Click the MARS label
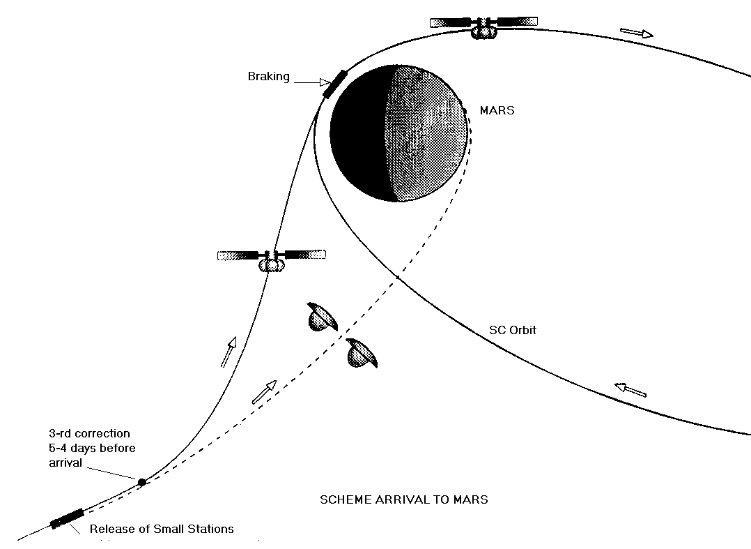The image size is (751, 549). click(497, 110)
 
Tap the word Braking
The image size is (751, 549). click(268, 77)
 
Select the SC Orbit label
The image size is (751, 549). click(513, 330)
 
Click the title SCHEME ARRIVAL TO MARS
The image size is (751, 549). click(403, 499)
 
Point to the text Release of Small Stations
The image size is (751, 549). click(162, 529)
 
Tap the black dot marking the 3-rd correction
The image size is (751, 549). click(142, 482)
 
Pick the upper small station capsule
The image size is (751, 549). click(321, 317)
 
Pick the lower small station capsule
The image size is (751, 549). click(363, 353)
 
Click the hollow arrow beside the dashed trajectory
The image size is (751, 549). click(263, 391)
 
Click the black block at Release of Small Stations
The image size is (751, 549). click(67, 519)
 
